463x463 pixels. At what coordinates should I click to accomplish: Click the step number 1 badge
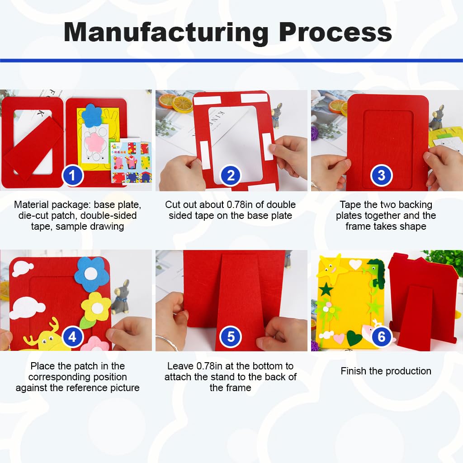pos(74,175)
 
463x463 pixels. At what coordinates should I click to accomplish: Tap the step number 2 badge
pos(231,175)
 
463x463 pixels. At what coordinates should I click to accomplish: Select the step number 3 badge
pos(381,175)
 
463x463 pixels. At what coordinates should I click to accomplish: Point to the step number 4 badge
pos(74,337)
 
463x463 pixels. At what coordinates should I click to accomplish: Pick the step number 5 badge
pos(231,337)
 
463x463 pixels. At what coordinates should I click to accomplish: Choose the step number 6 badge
pos(381,337)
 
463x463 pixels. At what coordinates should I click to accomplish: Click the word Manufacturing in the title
pos(166,33)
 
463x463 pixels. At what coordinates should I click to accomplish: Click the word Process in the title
pos(335,33)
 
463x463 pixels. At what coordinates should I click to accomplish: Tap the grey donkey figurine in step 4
pos(120,297)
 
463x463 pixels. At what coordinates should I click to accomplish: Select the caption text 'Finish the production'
pos(386,371)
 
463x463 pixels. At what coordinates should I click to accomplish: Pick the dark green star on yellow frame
pos(326,289)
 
